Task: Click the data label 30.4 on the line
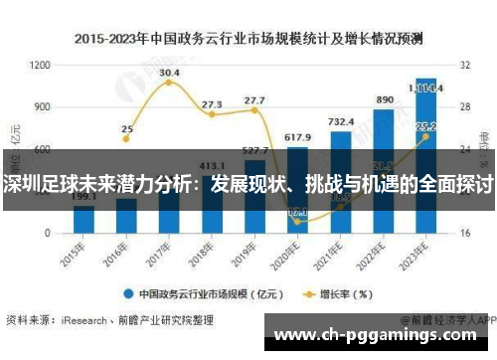169,73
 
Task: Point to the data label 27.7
254,100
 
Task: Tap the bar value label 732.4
341,121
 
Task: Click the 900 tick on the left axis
43,106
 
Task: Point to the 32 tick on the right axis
464,65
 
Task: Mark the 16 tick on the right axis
464,232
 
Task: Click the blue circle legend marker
128,293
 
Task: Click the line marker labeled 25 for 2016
126,138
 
